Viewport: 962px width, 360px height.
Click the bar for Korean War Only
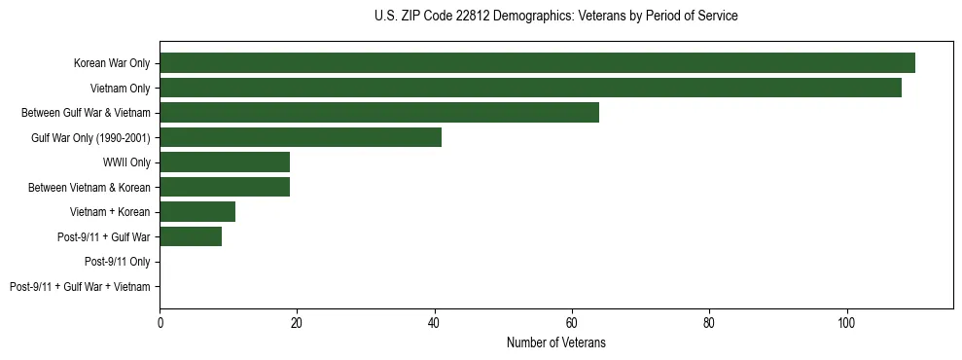[x=537, y=63]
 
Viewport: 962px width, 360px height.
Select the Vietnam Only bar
[x=530, y=88]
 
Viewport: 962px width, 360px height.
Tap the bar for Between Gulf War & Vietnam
[x=379, y=113]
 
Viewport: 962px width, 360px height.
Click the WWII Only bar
[x=225, y=162]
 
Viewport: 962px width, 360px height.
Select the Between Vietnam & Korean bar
[x=225, y=187]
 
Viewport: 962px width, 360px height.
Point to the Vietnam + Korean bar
[x=197, y=211]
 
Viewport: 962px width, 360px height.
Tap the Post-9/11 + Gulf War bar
[x=191, y=236]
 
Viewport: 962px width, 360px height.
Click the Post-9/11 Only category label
[x=117, y=262]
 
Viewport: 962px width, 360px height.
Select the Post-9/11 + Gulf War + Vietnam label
[x=80, y=286]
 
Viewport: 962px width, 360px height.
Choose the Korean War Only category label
[x=112, y=64]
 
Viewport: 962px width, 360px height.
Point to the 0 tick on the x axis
[x=160, y=323]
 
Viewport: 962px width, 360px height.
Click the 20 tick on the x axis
[x=297, y=323]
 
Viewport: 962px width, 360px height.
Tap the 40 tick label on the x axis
[x=434, y=323]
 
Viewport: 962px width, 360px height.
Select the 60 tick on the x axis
[x=572, y=323]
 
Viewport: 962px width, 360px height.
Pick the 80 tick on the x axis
[x=709, y=323]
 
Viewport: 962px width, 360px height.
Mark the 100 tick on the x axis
[x=846, y=323]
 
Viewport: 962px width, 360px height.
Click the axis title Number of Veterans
[x=555, y=342]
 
